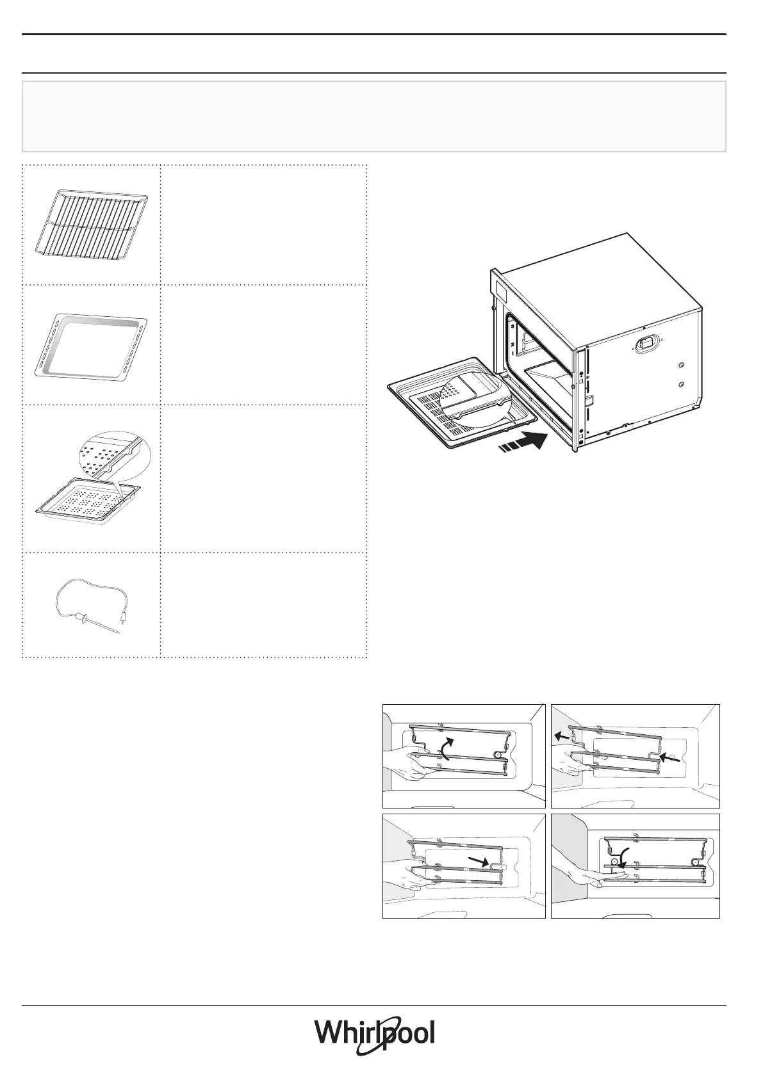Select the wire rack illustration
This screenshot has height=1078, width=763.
tap(92, 221)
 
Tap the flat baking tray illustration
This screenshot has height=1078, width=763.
tap(91, 346)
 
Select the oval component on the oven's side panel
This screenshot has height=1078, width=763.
tap(644, 344)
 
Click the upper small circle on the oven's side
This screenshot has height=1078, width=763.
tap(681, 366)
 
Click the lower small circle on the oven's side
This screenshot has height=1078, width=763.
tap(681, 384)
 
